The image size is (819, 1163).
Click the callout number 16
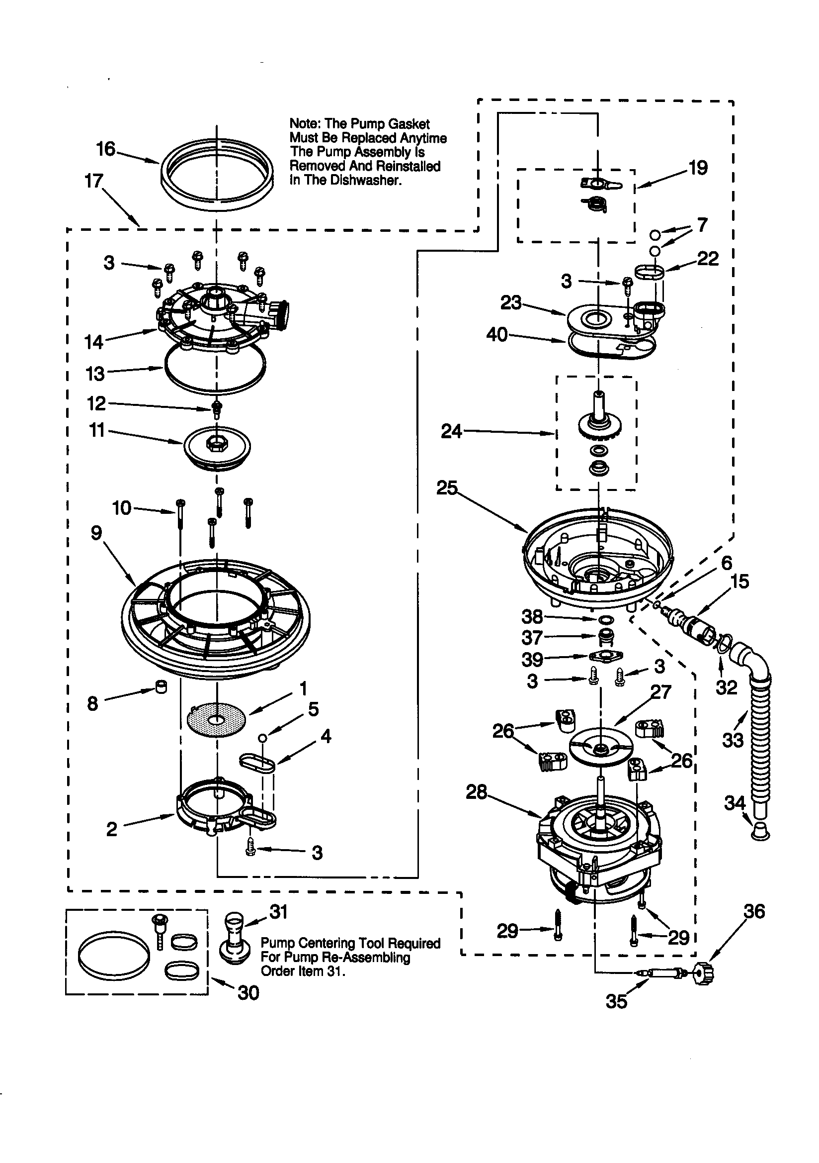106,149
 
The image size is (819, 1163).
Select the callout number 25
447,488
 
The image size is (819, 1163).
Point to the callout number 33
733,741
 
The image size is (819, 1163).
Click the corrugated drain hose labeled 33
759,735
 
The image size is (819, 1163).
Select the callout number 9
96,532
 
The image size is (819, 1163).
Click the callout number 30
248,993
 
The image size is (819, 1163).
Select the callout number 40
496,335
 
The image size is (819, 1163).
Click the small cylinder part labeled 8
161,687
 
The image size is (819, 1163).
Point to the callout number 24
452,432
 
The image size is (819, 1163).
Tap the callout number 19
698,168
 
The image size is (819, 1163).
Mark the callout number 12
96,403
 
